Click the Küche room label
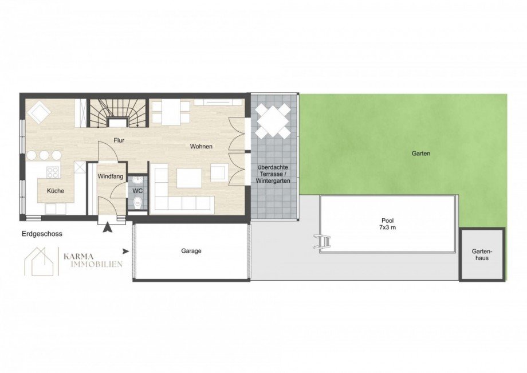pos(56,191)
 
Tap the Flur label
pos(119,140)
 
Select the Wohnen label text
pos(201,147)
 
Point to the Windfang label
pos(110,176)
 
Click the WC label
pos(138,191)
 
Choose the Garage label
pos(191,251)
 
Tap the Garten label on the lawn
pos(421,154)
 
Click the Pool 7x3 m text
pos(388,224)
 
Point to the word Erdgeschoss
pos(42,234)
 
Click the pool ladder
pos(323,242)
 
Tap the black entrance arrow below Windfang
pos(108,227)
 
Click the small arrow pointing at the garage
pos(126,251)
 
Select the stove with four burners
pos(53,172)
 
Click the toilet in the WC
pos(137,203)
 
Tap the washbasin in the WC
pos(137,181)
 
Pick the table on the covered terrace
pos(273,121)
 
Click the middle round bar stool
pos(44,155)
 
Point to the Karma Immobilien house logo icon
pos(39,261)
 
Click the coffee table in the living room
pos(189,178)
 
